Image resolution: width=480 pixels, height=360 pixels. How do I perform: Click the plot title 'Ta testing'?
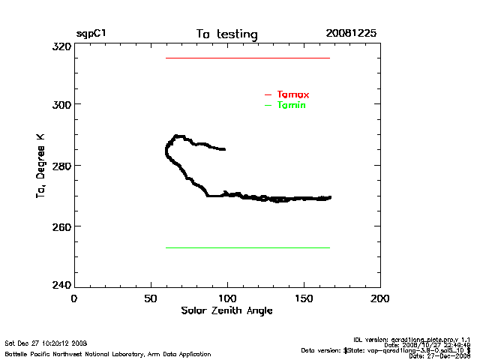[x=226, y=34]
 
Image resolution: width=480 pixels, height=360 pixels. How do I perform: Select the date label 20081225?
[x=351, y=34]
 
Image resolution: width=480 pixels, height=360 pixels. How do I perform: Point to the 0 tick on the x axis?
[x=73, y=298]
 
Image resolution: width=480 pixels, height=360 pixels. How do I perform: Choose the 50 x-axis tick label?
[x=150, y=298]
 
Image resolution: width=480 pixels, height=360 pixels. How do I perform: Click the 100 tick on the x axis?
[x=226, y=298]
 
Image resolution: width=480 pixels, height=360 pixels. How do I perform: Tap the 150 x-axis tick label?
[x=303, y=298]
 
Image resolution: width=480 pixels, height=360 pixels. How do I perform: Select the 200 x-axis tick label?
[x=380, y=298]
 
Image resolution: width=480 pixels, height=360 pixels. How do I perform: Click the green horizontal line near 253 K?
[x=247, y=247]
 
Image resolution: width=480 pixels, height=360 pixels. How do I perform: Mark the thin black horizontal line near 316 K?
[x=247, y=58]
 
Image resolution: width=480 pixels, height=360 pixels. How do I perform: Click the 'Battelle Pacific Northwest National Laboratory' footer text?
[x=108, y=354]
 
